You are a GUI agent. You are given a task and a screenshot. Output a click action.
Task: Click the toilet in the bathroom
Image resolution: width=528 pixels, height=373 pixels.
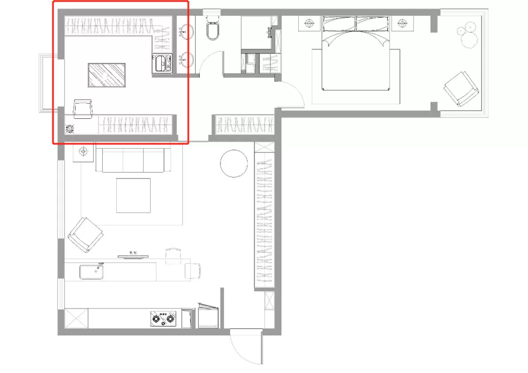click(x=213, y=28)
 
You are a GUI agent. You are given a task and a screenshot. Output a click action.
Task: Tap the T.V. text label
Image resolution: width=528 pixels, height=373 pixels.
click(x=133, y=253)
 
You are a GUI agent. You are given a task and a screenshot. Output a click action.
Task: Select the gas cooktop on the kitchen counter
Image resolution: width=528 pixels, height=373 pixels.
click(x=163, y=318)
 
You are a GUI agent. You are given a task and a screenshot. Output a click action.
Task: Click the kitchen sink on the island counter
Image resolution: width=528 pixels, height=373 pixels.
click(x=91, y=272)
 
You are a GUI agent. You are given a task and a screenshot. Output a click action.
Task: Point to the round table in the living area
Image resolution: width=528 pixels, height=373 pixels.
click(x=234, y=163)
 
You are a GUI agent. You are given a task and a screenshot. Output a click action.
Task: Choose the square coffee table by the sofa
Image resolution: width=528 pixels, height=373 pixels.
click(x=133, y=196)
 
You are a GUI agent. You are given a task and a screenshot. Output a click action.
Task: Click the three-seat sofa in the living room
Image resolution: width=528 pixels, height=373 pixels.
click(x=133, y=160)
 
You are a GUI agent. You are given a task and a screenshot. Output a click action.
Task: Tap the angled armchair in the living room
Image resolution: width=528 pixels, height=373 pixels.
click(x=86, y=235)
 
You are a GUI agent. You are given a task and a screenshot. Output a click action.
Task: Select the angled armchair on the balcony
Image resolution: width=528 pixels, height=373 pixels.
click(x=462, y=89)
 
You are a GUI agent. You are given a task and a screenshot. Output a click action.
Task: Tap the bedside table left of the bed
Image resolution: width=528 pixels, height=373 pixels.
click(x=309, y=23)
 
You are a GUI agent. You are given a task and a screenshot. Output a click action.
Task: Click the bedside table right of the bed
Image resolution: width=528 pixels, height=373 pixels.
click(x=402, y=23)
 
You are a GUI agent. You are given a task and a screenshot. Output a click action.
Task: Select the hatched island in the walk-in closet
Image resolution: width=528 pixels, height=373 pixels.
click(x=107, y=75)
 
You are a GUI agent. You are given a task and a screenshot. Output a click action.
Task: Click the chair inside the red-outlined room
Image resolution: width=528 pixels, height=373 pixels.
click(x=83, y=109)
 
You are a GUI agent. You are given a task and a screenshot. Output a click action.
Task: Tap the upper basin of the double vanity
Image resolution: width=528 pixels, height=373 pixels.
click(x=186, y=32)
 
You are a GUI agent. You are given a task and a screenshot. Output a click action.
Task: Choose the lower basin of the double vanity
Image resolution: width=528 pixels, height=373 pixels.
click(x=186, y=60)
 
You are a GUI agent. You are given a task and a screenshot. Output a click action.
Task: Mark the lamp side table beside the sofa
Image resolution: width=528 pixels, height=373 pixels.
click(x=84, y=152)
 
